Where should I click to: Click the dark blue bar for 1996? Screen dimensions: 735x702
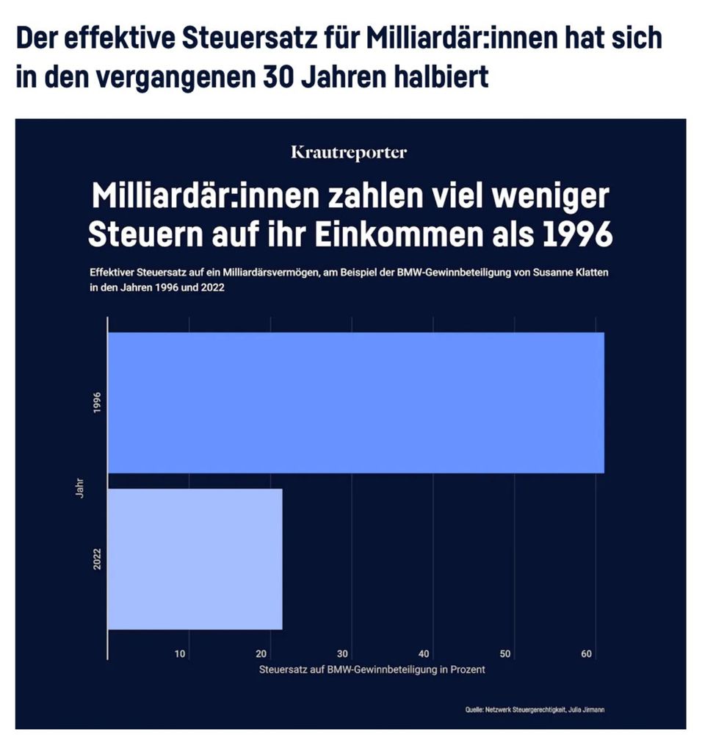pyautogui.click(x=356, y=402)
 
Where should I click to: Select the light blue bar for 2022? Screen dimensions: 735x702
pyautogui.click(x=195, y=559)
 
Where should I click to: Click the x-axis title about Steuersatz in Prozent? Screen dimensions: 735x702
pyautogui.click(x=372, y=670)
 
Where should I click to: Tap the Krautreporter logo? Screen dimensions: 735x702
pyautogui.click(x=349, y=153)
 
